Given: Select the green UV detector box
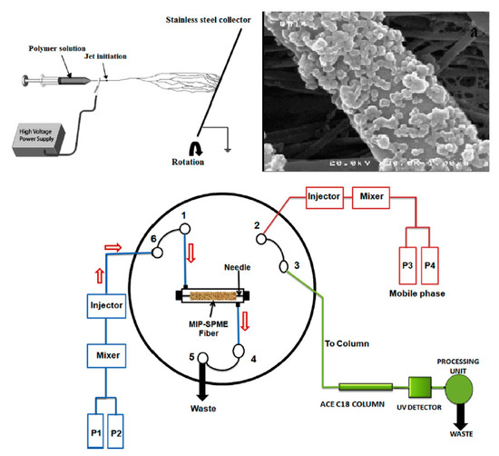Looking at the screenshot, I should tap(419, 389).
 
